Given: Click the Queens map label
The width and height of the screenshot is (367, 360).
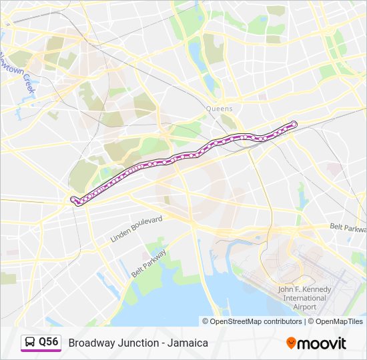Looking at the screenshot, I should pyautogui.click(x=220, y=109).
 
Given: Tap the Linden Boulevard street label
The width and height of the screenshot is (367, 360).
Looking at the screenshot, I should pyautogui.click(x=137, y=229).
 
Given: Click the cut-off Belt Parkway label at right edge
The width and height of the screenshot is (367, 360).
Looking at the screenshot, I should pyautogui.click(x=348, y=227).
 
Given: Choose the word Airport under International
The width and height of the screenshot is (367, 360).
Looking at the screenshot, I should pyautogui.click(x=304, y=307).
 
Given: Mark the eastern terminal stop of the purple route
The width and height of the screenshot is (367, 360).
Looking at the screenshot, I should pyautogui.click(x=294, y=123).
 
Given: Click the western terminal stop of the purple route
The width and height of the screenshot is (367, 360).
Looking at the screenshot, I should pyautogui.click(x=73, y=199).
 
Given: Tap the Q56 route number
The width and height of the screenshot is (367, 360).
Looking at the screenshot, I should pyautogui.click(x=49, y=342).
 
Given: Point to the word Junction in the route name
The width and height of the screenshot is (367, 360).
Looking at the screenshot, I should pyautogui.click(x=139, y=343).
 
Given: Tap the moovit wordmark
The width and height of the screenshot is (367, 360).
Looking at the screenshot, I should pyautogui.click(x=322, y=343).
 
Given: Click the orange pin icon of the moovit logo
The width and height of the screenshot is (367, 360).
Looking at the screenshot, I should pyautogui.click(x=291, y=343).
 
